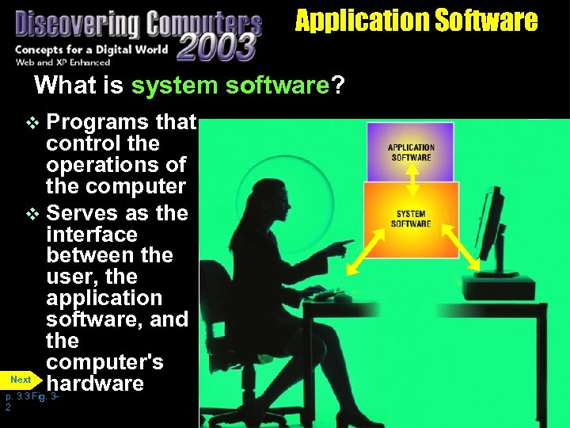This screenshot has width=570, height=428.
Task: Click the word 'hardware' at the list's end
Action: tap(95, 384)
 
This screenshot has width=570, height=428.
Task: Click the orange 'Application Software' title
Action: tap(416, 20)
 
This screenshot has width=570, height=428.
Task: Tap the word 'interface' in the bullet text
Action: tap(91, 235)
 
